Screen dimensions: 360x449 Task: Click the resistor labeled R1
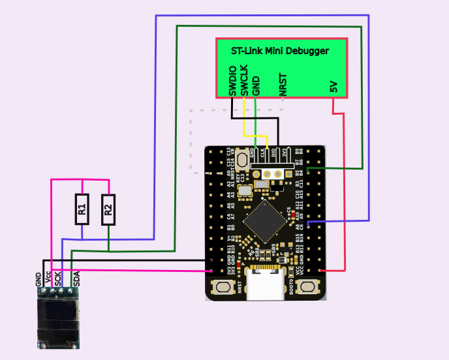pos(82,209)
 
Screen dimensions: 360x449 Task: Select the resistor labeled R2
pos(108,209)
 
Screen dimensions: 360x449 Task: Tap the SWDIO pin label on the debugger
pos(233,81)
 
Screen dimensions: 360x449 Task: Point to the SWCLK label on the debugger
pos(244,81)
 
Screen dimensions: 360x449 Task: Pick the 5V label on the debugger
pos(333,87)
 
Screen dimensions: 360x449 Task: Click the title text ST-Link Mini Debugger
pos(280,50)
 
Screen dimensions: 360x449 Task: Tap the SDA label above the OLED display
pos(76,279)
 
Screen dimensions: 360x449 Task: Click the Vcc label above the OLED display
pos(48,280)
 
